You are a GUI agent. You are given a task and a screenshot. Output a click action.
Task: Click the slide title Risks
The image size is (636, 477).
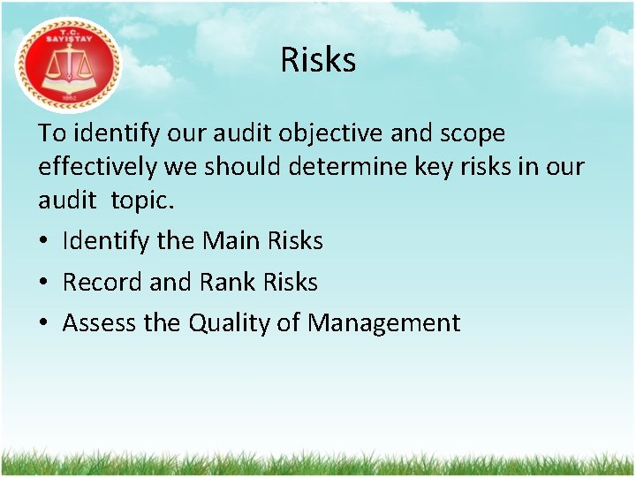click(318, 60)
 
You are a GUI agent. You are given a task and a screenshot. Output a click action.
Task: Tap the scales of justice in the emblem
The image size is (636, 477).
click(67, 65)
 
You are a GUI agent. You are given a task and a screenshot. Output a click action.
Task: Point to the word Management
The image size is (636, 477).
click(383, 323)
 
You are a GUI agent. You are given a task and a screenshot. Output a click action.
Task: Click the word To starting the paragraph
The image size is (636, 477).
click(50, 134)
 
